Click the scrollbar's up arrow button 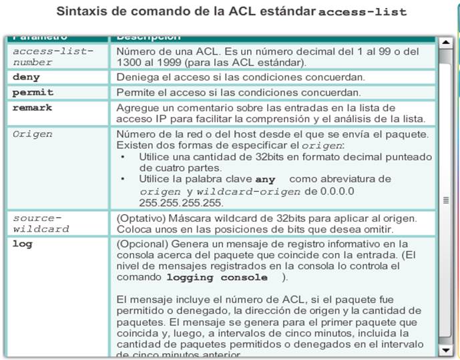click(x=445, y=43)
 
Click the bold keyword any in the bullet click(x=264, y=180)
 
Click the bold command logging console click(x=223, y=277)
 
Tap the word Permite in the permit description click(x=136, y=92)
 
